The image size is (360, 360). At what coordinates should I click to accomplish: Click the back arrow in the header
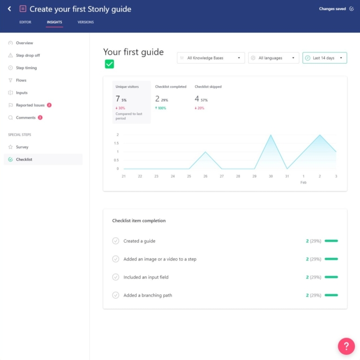(9, 9)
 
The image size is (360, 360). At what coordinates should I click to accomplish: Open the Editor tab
(25, 22)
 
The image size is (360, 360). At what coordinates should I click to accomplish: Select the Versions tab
(85, 22)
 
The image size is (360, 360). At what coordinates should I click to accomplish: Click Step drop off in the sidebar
(28, 55)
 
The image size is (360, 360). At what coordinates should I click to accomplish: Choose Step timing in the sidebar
(26, 68)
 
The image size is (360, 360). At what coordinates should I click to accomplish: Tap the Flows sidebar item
(21, 80)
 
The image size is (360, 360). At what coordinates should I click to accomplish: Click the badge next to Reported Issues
(49, 105)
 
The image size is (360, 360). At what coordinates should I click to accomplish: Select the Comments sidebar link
(25, 118)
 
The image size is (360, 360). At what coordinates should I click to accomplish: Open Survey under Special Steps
(22, 147)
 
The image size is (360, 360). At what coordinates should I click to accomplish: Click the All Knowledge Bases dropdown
(211, 58)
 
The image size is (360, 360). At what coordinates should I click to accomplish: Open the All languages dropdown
(274, 58)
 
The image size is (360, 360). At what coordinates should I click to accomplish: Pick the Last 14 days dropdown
(324, 58)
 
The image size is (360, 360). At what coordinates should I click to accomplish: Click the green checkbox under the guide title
(109, 64)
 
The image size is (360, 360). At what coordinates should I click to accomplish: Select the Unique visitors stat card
(132, 102)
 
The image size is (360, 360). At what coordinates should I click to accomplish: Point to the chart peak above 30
(271, 135)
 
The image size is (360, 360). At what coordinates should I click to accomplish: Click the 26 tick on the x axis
(205, 176)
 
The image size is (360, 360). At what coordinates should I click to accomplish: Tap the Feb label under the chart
(304, 182)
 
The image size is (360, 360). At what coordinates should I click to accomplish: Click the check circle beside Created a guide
(116, 241)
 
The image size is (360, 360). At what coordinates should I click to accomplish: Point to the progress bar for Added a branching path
(331, 295)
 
